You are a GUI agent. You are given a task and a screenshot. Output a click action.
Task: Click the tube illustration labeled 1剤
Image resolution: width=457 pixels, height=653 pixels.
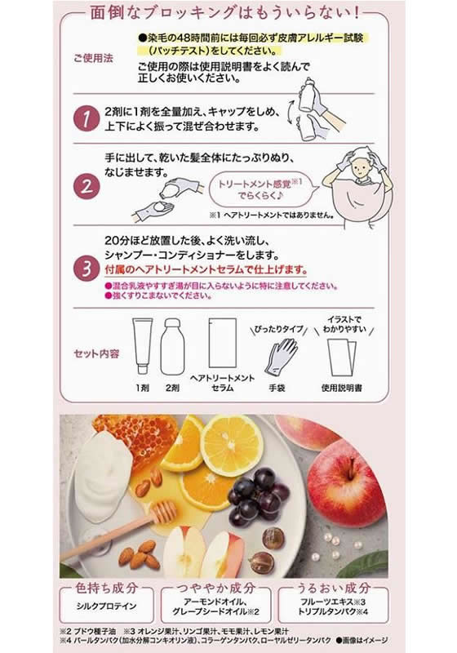[144, 344]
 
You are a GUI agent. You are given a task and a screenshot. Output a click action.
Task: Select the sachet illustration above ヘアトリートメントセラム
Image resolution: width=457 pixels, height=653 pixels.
[222, 343]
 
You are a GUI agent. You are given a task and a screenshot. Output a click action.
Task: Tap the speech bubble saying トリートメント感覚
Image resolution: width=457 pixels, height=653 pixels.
[263, 191]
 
